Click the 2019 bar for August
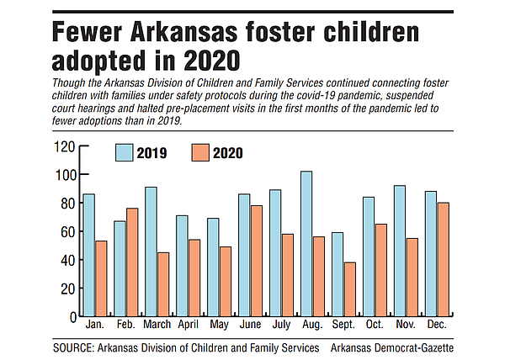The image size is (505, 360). [x=306, y=244]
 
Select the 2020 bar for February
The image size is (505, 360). [x=132, y=262]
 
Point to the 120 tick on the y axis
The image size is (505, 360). [x=65, y=146]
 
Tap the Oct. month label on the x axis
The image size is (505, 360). [x=375, y=324]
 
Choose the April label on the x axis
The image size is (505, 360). [x=189, y=324]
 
